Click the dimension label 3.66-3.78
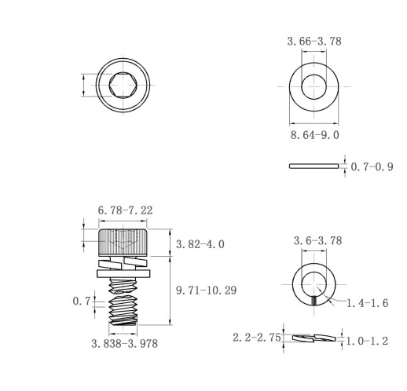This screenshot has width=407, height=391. [x=314, y=42]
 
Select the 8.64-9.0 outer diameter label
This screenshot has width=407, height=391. [x=314, y=135]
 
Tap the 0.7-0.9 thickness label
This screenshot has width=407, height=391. [x=372, y=166]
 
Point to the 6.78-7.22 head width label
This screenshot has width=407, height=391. [x=125, y=210]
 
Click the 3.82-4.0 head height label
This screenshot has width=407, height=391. [x=200, y=244]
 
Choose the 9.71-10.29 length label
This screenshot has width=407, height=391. [x=207, y=291]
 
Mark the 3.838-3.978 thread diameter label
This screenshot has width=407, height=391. [x=125, y=344]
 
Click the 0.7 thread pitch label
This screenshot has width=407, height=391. [x=82, y=301]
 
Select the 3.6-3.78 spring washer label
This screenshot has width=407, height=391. [x=317, y=241]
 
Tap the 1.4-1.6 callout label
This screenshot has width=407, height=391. [x=367, y=303]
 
